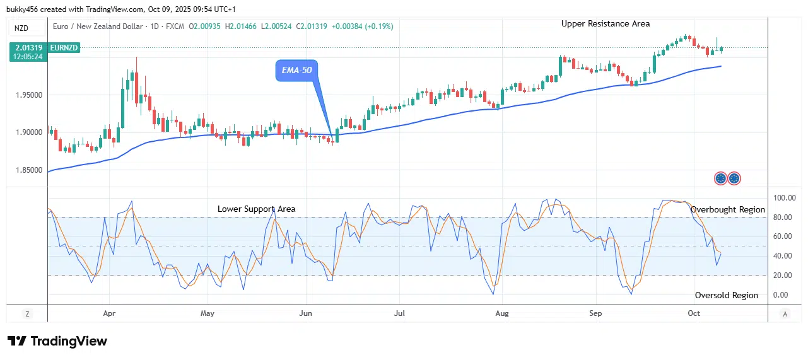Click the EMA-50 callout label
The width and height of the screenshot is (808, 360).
pyautogui.click(x=296, y=71)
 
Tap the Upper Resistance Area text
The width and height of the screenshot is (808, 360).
pyautogui.click(x=606, y=23)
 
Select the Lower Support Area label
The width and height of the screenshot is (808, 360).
pyautogui.click(x=256, y=209)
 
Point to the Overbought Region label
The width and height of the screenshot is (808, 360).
pyautogui.click(x=727, y=209)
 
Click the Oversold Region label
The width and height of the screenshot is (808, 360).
pyautogui.click(x=726, y=295)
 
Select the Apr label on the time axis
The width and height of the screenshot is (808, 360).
pyautogui.click(x=109, y=313)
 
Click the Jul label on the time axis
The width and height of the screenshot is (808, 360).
pyautogui.click(x=399, y=313)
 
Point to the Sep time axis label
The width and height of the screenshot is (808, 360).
pyautogui.click(x=595, y=313)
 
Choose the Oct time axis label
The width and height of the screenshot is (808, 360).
pyautogui.click(x=694, y=313)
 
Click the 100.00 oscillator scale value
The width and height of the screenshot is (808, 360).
pyautogui.click(x=785, y=198)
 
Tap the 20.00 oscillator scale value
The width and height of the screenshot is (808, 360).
pyautogui.click(x=785, y=276)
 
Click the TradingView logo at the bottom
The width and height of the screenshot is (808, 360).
pyautogui.click(x=57, y=341)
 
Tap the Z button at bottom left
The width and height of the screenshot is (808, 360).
pyautogui.click(x=27, y=313)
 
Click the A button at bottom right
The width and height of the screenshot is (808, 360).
pyautogui.click(x=785, y=313)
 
